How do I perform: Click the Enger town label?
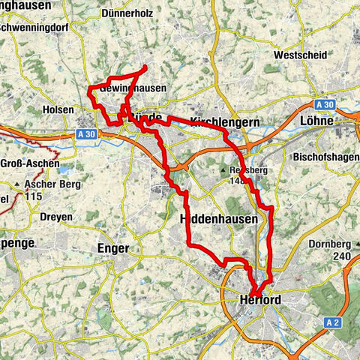[114, 247]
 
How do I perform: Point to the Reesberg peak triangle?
[223, 170]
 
